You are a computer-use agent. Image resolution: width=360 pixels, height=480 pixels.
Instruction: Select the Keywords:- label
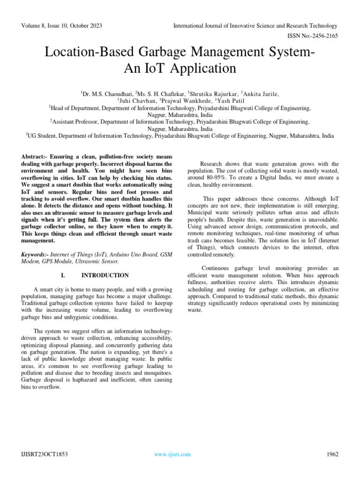[36, 255]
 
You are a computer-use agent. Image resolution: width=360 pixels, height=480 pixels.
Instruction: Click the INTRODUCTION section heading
[105, 275]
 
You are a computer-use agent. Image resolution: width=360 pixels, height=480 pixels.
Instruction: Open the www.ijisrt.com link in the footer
[172, 454]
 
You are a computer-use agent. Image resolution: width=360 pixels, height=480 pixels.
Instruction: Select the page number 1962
[331, 454]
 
